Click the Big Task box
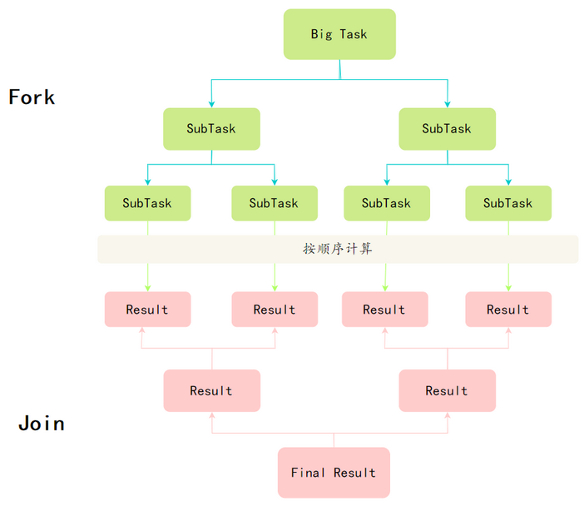pyautogui.click(x=339, y=34)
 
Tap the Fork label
pyautogui.click(x=32, y=97)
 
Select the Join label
pyautogui.click(x=42, y=424)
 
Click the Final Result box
pyautogui.click(x=334, y=473)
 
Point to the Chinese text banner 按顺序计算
pyautogui.click(x=338, y=249)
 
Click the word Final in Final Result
pyautogui.click(x=308, y=473)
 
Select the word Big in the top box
pyautogui.click(x=321, y=34)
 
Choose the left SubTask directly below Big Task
pyautogui.click(x=211, y=129)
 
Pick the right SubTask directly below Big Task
pyautogui.click(x=448, y=129)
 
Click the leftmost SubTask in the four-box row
pyautogui.click(x=147, y=203)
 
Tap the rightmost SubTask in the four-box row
pyautogui.click(x=508, y=203)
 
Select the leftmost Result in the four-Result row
pyautogui.click(x=147, y=310)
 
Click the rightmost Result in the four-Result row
pyautogui.click(x=508, y=310)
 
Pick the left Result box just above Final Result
pyautogui.click(x=212, y=390)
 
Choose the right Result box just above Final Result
pyautogui.click(x=448, y=390)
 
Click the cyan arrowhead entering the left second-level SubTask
pyautogui.click(x=211, y=104)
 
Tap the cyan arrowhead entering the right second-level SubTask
pyautogui.click(x=448, y=104)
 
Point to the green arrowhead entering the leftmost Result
pyautogui.click(x=148, y=288)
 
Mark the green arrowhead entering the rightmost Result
pyautogui.click(x=508, y=288)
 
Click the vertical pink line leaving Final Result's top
pyautogui.click(x=334, y=440)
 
